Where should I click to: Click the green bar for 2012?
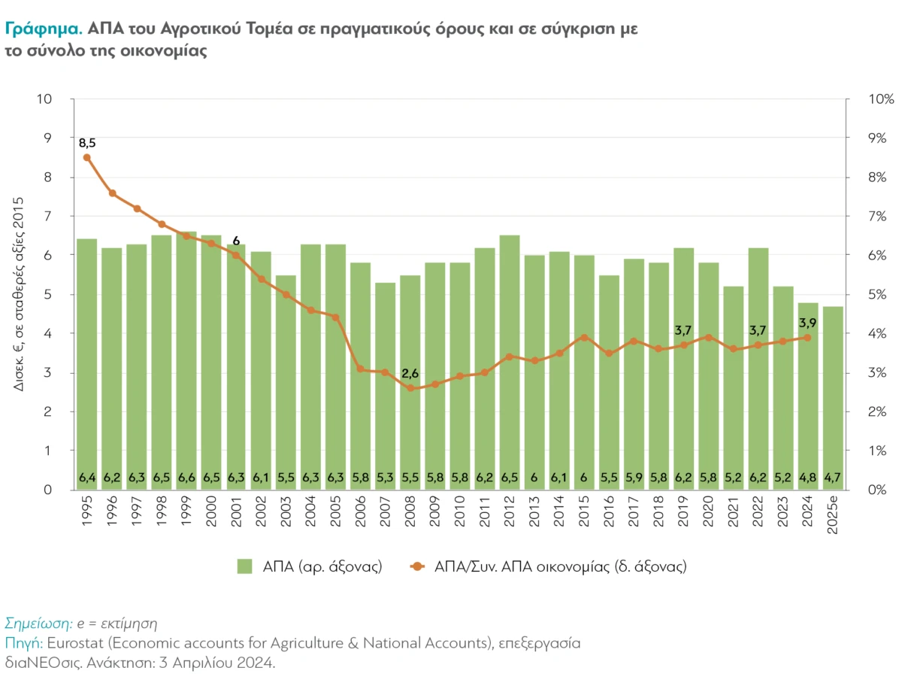[510, 361]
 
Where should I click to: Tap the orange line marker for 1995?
[87, 157]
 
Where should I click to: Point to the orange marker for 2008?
[410, 388]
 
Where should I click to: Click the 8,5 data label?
[87, 142]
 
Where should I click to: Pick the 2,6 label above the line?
[410, 373]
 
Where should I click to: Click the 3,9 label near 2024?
[808, 323]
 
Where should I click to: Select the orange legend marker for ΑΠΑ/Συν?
[417, 566]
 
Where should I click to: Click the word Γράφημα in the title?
[43, 29]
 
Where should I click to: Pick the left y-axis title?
[20, 293]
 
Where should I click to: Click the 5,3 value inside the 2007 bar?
[386, 477]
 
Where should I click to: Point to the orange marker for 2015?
[584, 338]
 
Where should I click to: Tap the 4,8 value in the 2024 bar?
[807, 477]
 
